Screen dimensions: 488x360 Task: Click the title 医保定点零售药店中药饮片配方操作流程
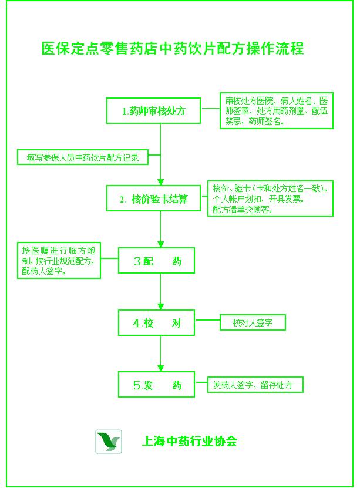pyautogui.click(x=173, y=48)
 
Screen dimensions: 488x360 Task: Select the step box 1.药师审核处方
pyautogui.click(x=153, y=110)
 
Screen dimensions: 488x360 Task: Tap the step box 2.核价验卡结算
pyautogui.click(x=153, y=198)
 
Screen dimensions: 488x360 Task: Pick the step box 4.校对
pyautogui.click(x=157, y=323)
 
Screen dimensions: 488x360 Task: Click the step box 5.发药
pyautogui.click(x=157, y=385)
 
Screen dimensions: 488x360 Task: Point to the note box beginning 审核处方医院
pyautogui.click(x=275, y=110)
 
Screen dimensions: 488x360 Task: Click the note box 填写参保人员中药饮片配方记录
pyautogui.click(x=82, y=157)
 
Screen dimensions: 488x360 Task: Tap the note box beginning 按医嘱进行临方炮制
pyautogui.click(x=58, y=260)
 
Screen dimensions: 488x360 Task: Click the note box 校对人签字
pyautogui.click(x=252, y=323)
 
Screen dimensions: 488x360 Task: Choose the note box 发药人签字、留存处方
pyautogui.click(x=257, y=385)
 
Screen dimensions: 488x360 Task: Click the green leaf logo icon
pyautogui.click(x=108, y=441)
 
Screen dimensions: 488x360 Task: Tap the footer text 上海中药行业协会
pyautogui.click(x=189, y=441)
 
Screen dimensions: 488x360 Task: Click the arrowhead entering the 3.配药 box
pyautogui.click(x=161, y=243)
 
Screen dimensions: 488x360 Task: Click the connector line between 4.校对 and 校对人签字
pyautogui.click(x=207, y=321)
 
